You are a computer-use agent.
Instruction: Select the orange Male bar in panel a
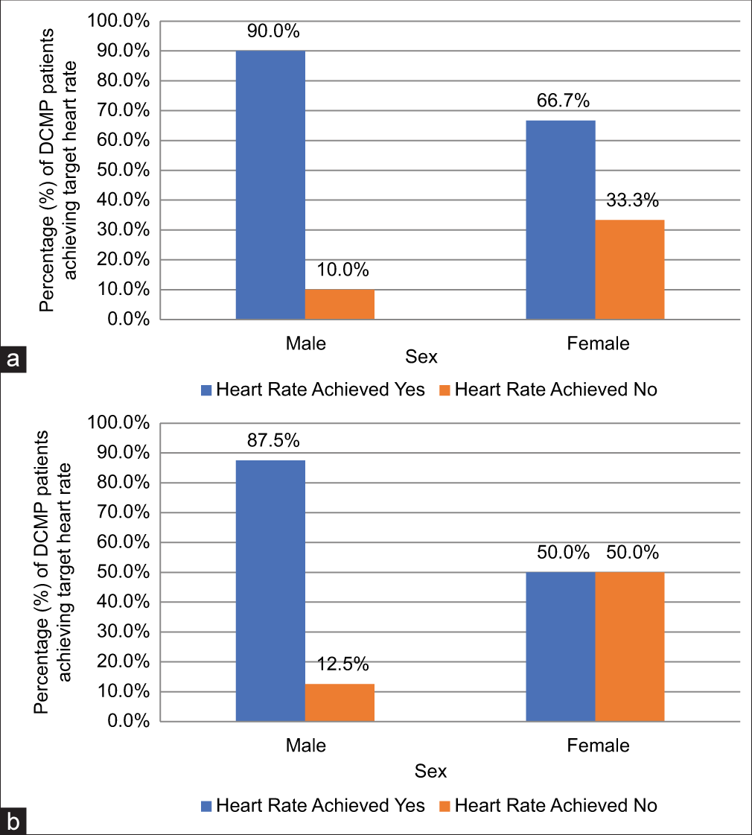point(340,305)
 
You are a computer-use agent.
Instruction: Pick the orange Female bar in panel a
point(630,270)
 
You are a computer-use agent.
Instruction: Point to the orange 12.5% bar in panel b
point(340,702)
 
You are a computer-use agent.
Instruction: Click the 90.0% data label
point(273,32)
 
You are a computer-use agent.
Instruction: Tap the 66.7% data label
point(563,101)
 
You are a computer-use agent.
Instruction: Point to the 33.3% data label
point(632,201)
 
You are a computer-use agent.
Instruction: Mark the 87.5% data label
point(273,441)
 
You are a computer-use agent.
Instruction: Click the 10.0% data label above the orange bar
point(342,270)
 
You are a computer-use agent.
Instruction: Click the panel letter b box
point(13,822)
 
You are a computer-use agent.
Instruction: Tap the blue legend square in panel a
point(206,390)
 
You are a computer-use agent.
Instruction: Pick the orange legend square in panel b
point(445,805)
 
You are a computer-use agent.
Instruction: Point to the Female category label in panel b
point(598,746)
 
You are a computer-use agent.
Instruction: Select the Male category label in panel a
point(305,343)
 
